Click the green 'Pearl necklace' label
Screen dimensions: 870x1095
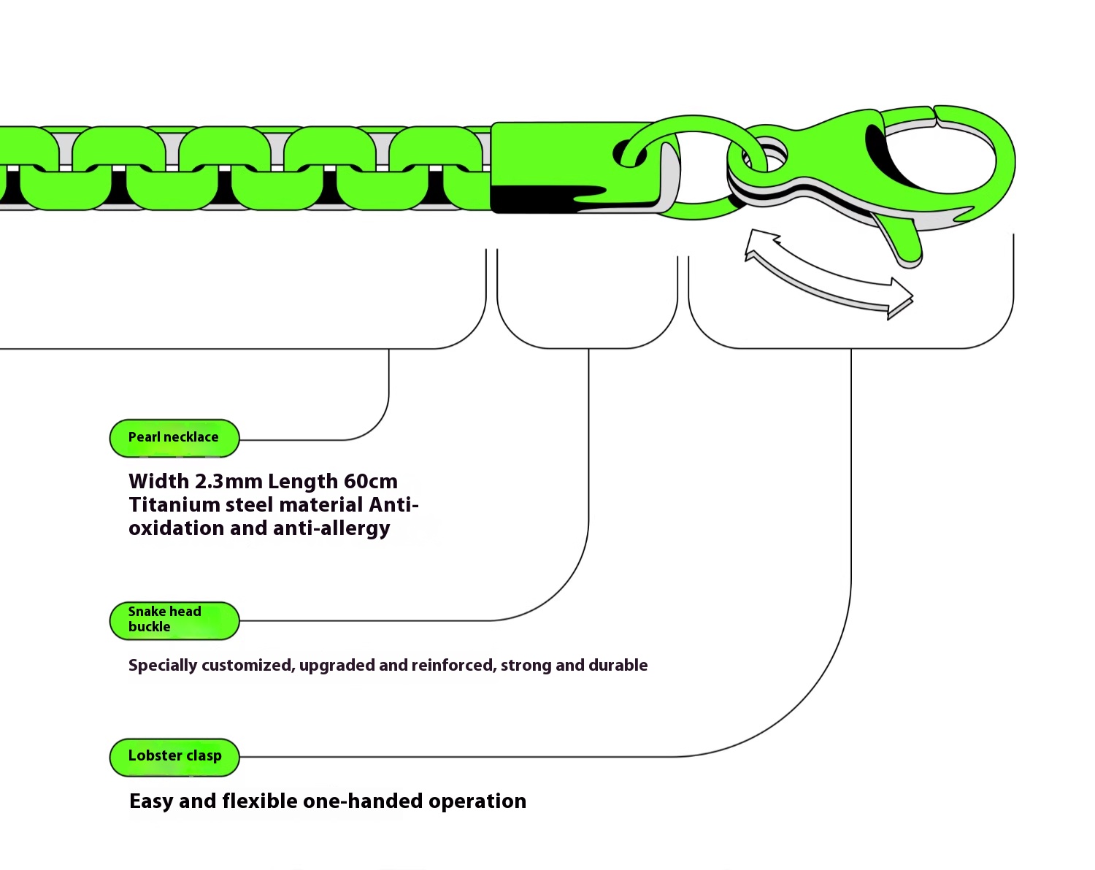(x=174, y=438)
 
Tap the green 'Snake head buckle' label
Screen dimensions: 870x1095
(x=174, y=620)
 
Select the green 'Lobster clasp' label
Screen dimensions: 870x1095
(x=174, y=756)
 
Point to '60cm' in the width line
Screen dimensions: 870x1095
(x=370, y=482)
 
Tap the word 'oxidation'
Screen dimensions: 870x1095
(x=176, y=528)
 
